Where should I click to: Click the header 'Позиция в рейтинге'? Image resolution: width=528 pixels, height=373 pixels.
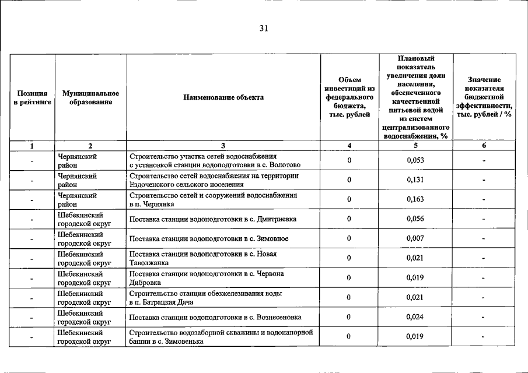pyautogui.click(x=33, y=97)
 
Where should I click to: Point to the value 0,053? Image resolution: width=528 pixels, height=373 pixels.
pyautogui.click(x=415, y=160)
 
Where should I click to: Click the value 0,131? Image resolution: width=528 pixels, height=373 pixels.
pyautogui.click(x=415, y=180)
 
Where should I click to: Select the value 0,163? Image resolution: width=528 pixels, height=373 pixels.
pyautogui.click(x=415, y=199)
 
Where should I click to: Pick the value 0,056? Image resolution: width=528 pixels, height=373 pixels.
pyautogui.click(x=415, y=219)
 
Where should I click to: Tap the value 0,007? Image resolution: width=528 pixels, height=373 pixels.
pyautogui.click(x=415, y=238)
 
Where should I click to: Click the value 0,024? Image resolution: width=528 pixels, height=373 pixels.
pyautogui.click(x=415, y=317)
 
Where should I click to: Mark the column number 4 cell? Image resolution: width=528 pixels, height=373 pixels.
pyautogui.click(x=349, y=146)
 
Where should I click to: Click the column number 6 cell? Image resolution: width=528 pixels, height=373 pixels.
pyautogui.click(x=484, y=146)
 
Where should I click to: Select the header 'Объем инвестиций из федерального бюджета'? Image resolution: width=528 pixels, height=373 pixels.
pyautogui.click(x=349, y=97)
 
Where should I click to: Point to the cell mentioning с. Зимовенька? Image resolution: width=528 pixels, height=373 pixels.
pyautogui.click(x=222, y=337)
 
